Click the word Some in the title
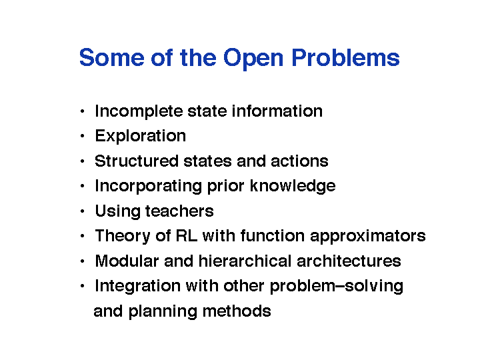click(x=112, y=57)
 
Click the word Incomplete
click(x=139, y=111)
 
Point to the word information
click(x=277, y=111)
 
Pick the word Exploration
click(x=141, y=136)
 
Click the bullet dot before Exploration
click(x=82, y=136)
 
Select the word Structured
click(x=137, y=161)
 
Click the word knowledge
click(x=293, y=186)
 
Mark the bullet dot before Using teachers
click(x=82, y=211)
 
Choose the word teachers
click(x=179, y=211)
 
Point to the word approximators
click(x=367, y=236)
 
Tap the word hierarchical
click(x=245, y=261)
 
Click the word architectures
click(x=349, y=261)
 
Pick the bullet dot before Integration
click(x=82, y=286)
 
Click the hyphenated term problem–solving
click(x=337, y=287)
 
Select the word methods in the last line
click(x=237, y=311)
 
